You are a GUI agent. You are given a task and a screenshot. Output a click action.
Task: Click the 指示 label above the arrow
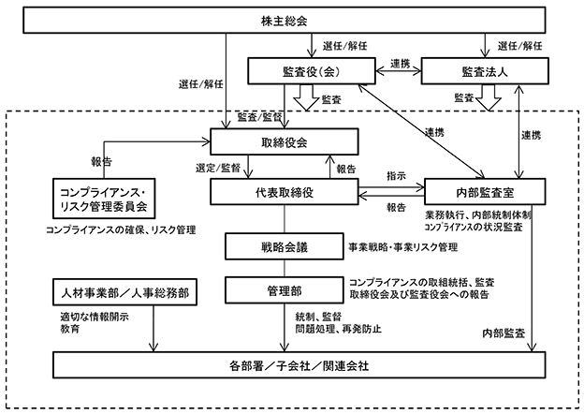(x=395, y=175)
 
